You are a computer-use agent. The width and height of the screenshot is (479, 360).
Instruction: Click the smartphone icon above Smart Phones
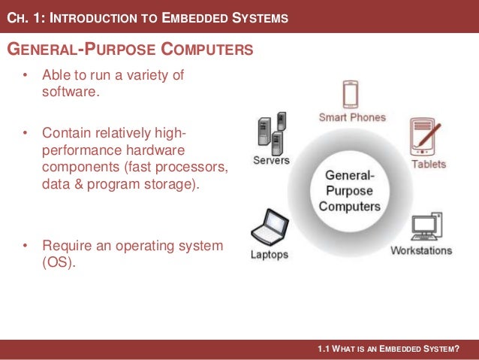coord(351,95)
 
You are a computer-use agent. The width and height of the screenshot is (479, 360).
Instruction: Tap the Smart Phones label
coord(352,117)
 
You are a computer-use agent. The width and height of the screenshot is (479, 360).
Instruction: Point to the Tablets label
coord(429,164)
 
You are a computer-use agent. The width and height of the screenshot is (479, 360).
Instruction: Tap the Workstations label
coord(421,250)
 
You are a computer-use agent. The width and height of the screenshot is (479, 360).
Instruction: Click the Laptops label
coord(269,255)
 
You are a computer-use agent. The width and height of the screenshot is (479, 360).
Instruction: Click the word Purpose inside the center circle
coord(349,190)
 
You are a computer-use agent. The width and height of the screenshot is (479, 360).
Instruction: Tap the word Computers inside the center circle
coord(349,205)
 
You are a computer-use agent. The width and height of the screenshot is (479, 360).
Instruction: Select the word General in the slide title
coord(38,50)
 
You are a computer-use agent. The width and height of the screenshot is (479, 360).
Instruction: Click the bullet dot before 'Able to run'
coord(25,76)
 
